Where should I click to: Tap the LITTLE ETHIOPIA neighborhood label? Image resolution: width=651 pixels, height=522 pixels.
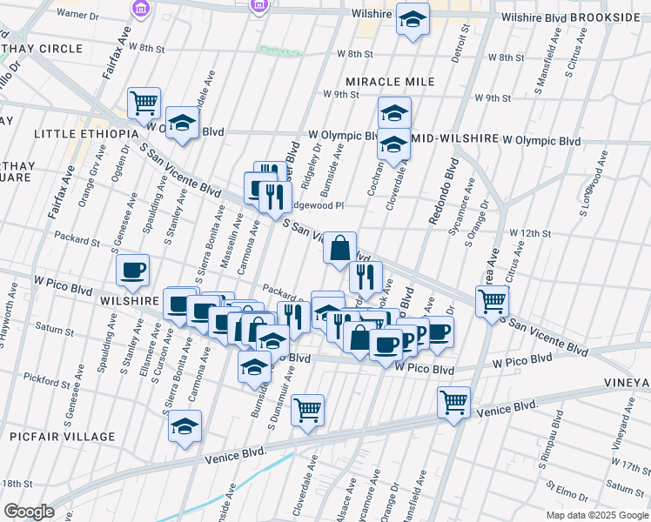click(x=86, y=134)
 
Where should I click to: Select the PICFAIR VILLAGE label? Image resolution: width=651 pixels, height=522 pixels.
click(x=63, y=437)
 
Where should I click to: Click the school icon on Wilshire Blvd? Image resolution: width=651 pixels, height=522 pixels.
click(x=413, y=19)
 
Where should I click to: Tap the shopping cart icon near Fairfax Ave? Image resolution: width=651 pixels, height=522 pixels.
click(x=144, y=103)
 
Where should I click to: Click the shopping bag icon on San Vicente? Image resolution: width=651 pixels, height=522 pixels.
click(x=339, y=249)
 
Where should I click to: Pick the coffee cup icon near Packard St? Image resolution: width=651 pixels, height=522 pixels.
click(x=132, y=270)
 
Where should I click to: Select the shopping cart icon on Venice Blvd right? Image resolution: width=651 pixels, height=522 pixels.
click(x=453, y=403)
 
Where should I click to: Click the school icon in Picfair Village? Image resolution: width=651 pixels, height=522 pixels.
click(x=185, y=426)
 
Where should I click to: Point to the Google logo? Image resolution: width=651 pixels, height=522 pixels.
click(x=29, y=512)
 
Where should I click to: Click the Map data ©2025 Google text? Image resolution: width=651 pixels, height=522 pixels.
click(x=598, y=515)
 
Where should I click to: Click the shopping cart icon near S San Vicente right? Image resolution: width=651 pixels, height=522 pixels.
click(x=492, y=301)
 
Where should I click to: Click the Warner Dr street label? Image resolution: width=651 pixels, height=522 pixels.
click(x=77, y=16)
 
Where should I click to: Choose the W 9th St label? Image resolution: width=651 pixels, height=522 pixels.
click(x=340, y=94)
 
